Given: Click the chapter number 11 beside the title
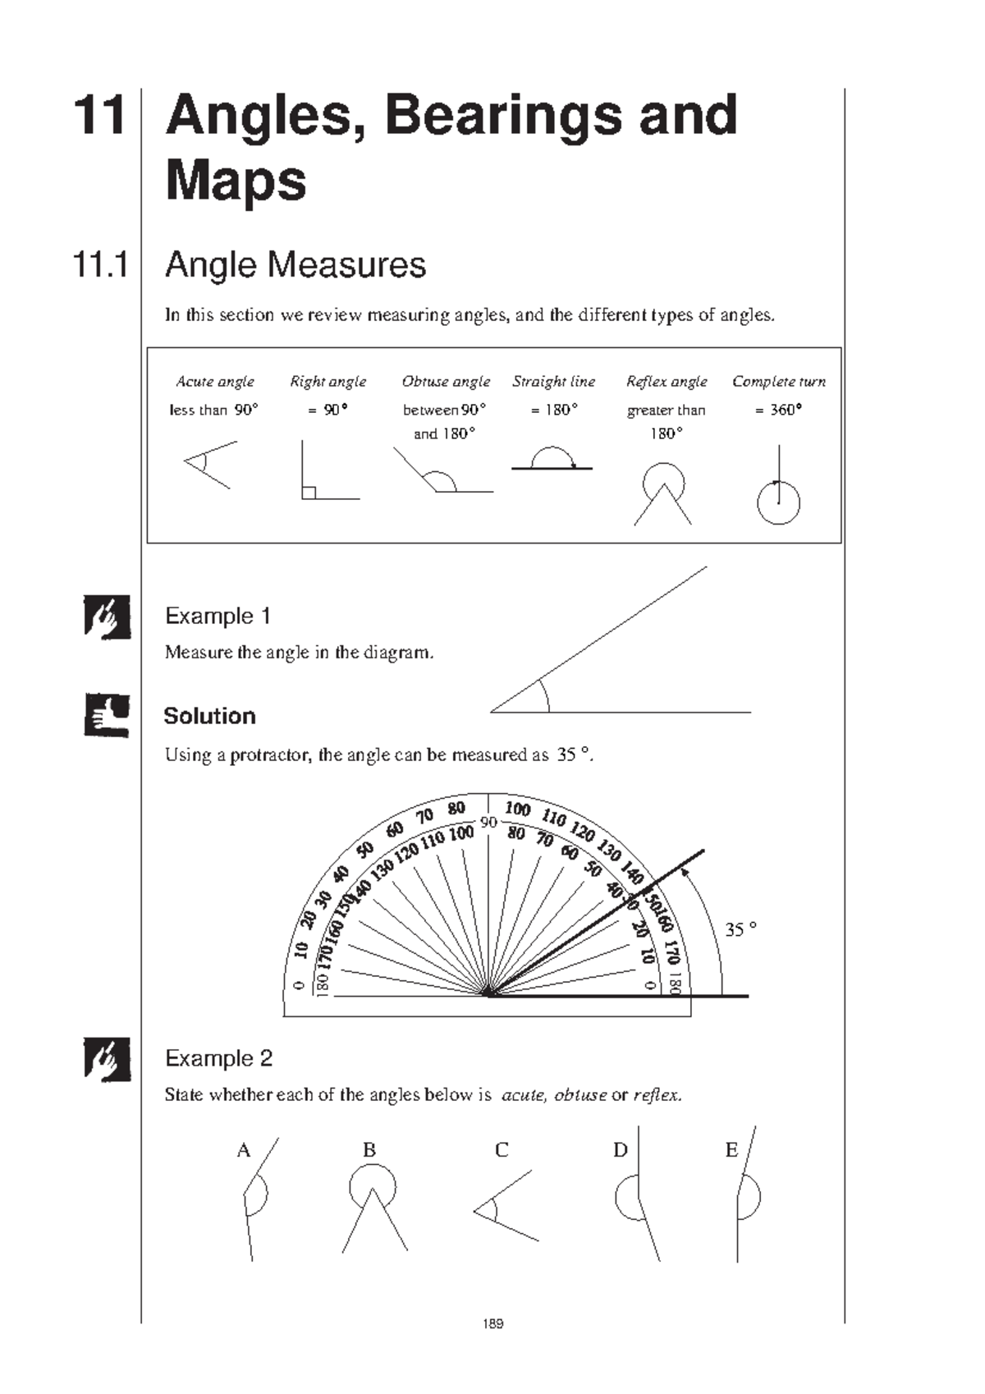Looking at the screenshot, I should (x=99, y=116).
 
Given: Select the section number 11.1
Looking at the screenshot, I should (x=100, y=265).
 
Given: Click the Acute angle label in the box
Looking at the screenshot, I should (x=215, y=382).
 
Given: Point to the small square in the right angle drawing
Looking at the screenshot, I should (x=309, y=493).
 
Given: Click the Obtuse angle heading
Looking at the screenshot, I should (x=446, y=382).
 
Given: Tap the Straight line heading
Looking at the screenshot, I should (x=554, y=382).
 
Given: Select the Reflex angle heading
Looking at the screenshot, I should (x=667, y=382).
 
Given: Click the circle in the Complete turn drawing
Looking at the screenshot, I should (x=778, y=503).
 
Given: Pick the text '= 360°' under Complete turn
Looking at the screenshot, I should (x=778, y=410).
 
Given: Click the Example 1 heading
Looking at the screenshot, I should (x=218, y=616).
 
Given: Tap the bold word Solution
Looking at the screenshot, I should (x=209, y=716).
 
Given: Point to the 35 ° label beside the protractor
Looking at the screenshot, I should (x=740, y=929).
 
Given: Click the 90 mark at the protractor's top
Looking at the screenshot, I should (x=489, y=823).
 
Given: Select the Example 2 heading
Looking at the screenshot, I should (x=218, y=1058).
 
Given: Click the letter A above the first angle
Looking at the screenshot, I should (x=243, y=1150).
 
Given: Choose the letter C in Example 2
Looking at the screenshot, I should (x=502, y=1150).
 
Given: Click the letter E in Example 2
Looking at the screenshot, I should (x=731, y=1150).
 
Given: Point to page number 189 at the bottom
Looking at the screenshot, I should (x=493, y=1323).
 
